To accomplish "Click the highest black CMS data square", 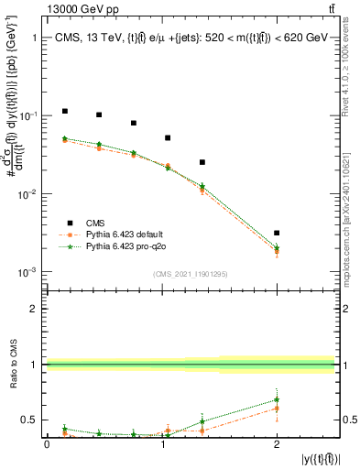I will (x=64, y=111).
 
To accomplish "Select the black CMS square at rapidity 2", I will (x=277, y=234).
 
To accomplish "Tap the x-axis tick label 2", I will (x=277, y=444).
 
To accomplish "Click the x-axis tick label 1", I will (x=161, y=444).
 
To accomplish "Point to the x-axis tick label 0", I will (x=47, y=444).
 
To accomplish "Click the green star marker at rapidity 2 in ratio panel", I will (x=277, y=399).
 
